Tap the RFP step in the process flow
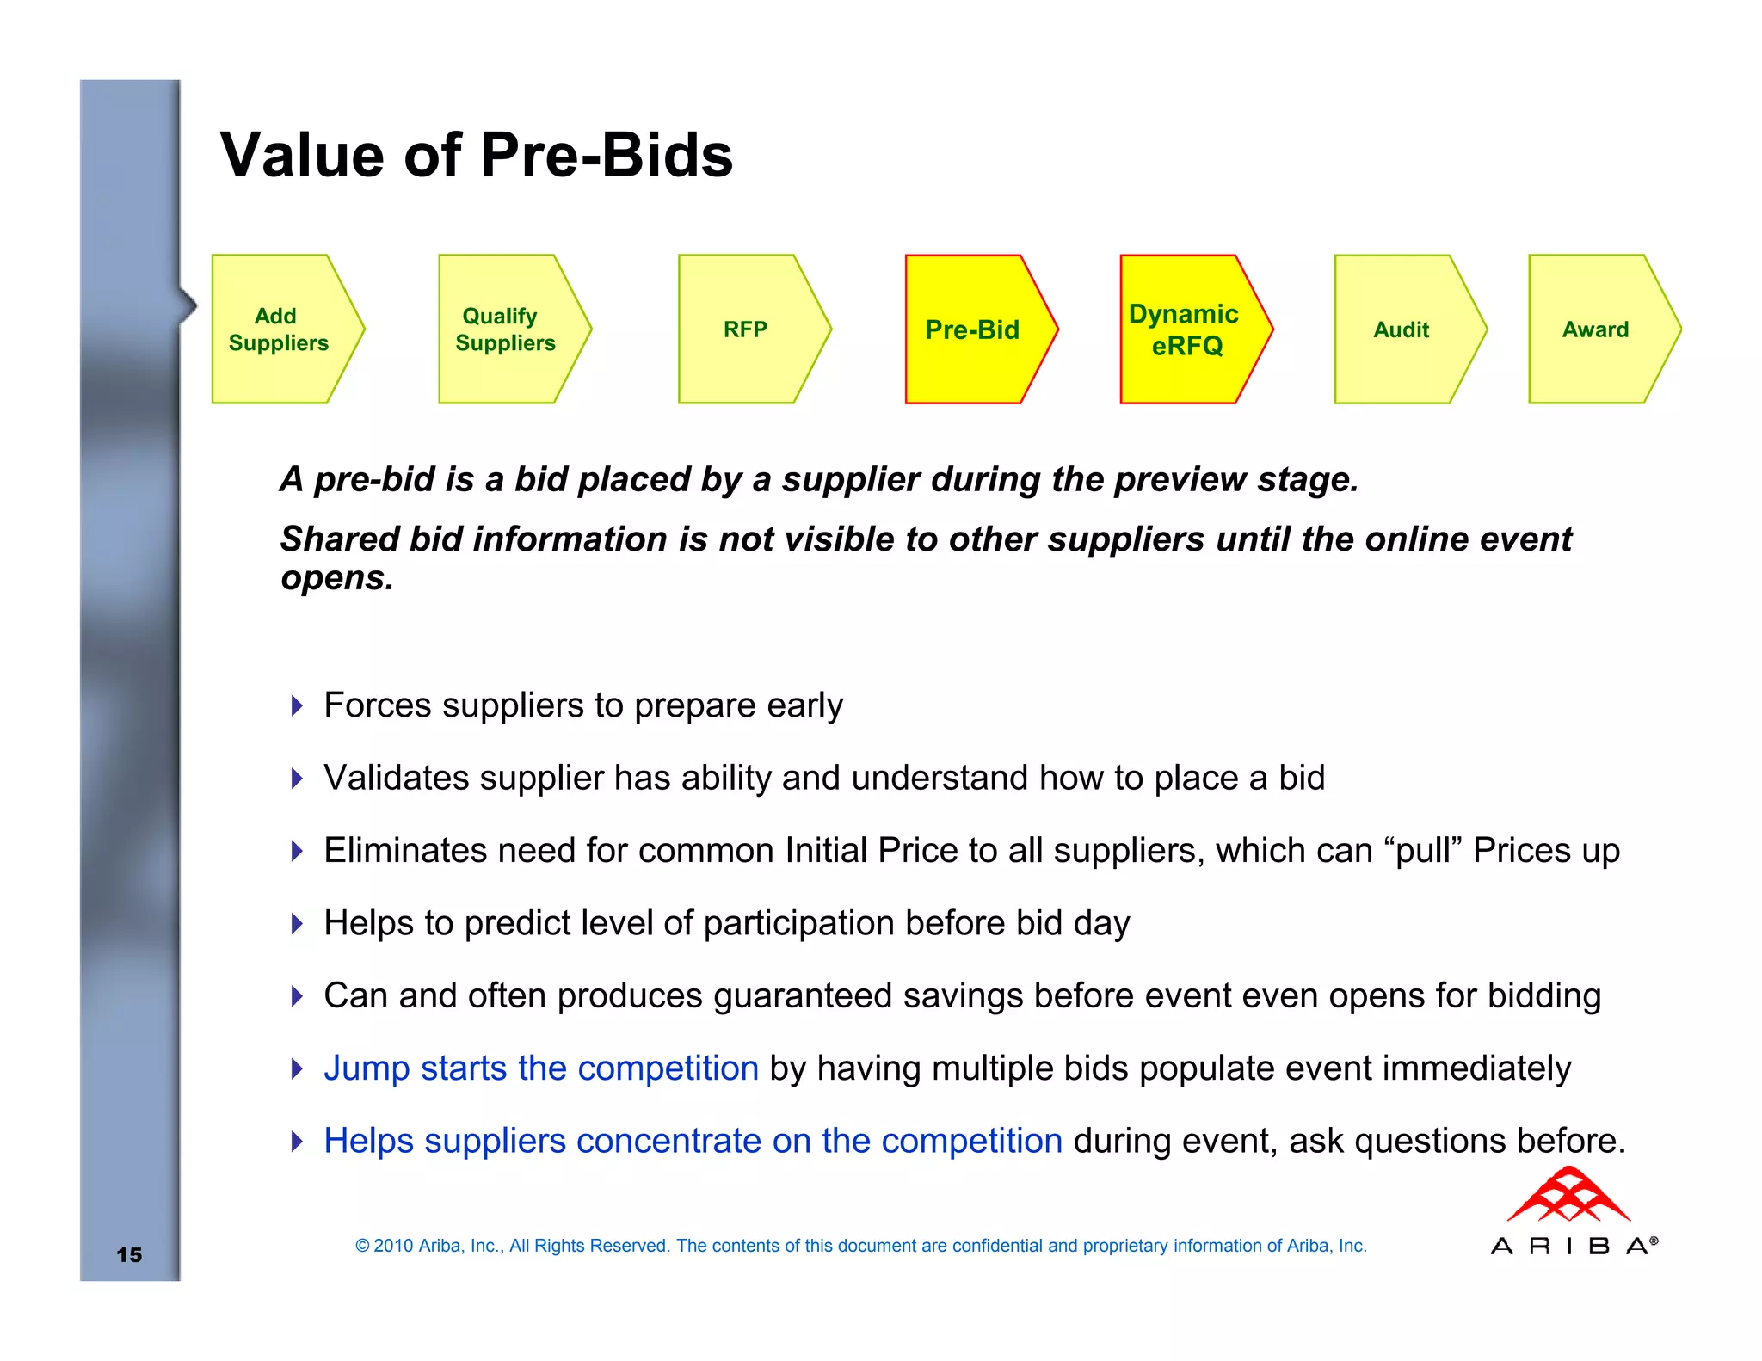click(x=745, y=329)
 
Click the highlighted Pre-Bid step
click(x=972, y=329)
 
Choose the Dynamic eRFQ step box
click(x=1186, y=329)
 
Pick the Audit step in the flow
click(x=1401, y=329)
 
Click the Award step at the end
click(x=1595, y=329)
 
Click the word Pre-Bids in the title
click(x=606, y=156)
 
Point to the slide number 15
click(x=129, y=1254)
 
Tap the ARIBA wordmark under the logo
click(x=1573, y=1246)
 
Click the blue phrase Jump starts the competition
click(x=540, y=1068)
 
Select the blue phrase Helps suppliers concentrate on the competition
click(x=693, y=1141)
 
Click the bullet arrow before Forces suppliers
click(x=297, y=706)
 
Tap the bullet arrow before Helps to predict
click(x=297, y=924)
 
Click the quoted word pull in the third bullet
click(x=1424, y=851)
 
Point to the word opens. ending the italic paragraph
click(x=336, y=578)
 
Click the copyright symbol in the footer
click(x=362, y=1246)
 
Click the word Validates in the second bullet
click(x=396, y=778)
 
